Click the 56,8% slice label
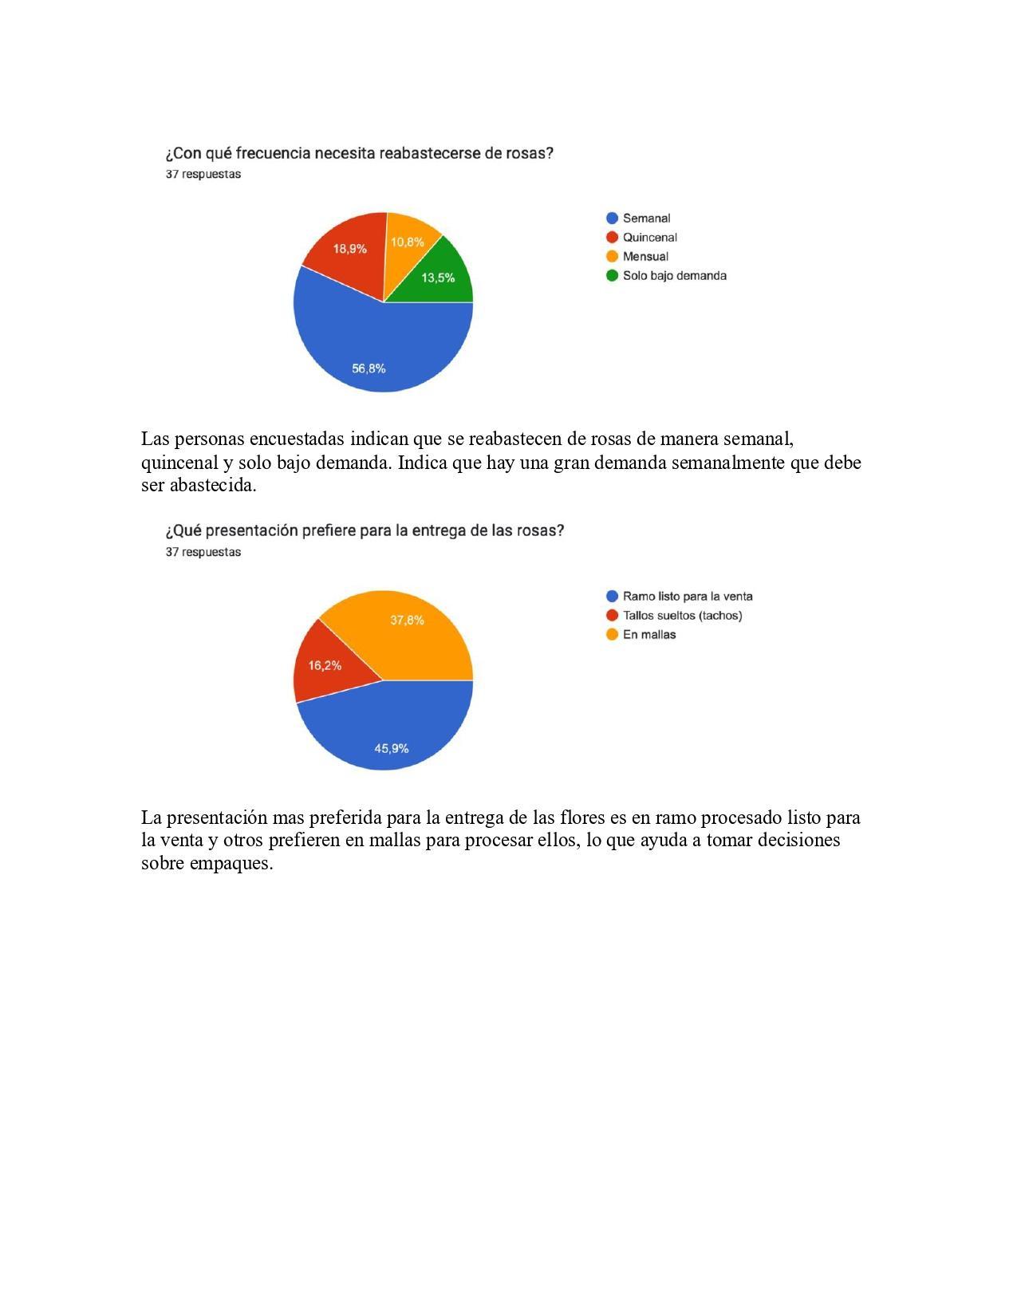[x=369, y=368]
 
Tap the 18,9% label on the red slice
[x=349, y=249]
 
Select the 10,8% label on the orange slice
[x=407, y=242]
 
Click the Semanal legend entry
[x=646, y=219]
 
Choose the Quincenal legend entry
[x=649, y=238]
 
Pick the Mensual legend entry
[x=645, y=257]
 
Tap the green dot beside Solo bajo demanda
[x=613, y=276]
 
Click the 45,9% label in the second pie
[x=392, y=748]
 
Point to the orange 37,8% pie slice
[x=407, y=630]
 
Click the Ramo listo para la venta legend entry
[x=687, y=597]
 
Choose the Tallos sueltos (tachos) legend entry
[x=682, y=616]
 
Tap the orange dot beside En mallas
[x=613, y=635]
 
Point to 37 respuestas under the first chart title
[x=203, y=175]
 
